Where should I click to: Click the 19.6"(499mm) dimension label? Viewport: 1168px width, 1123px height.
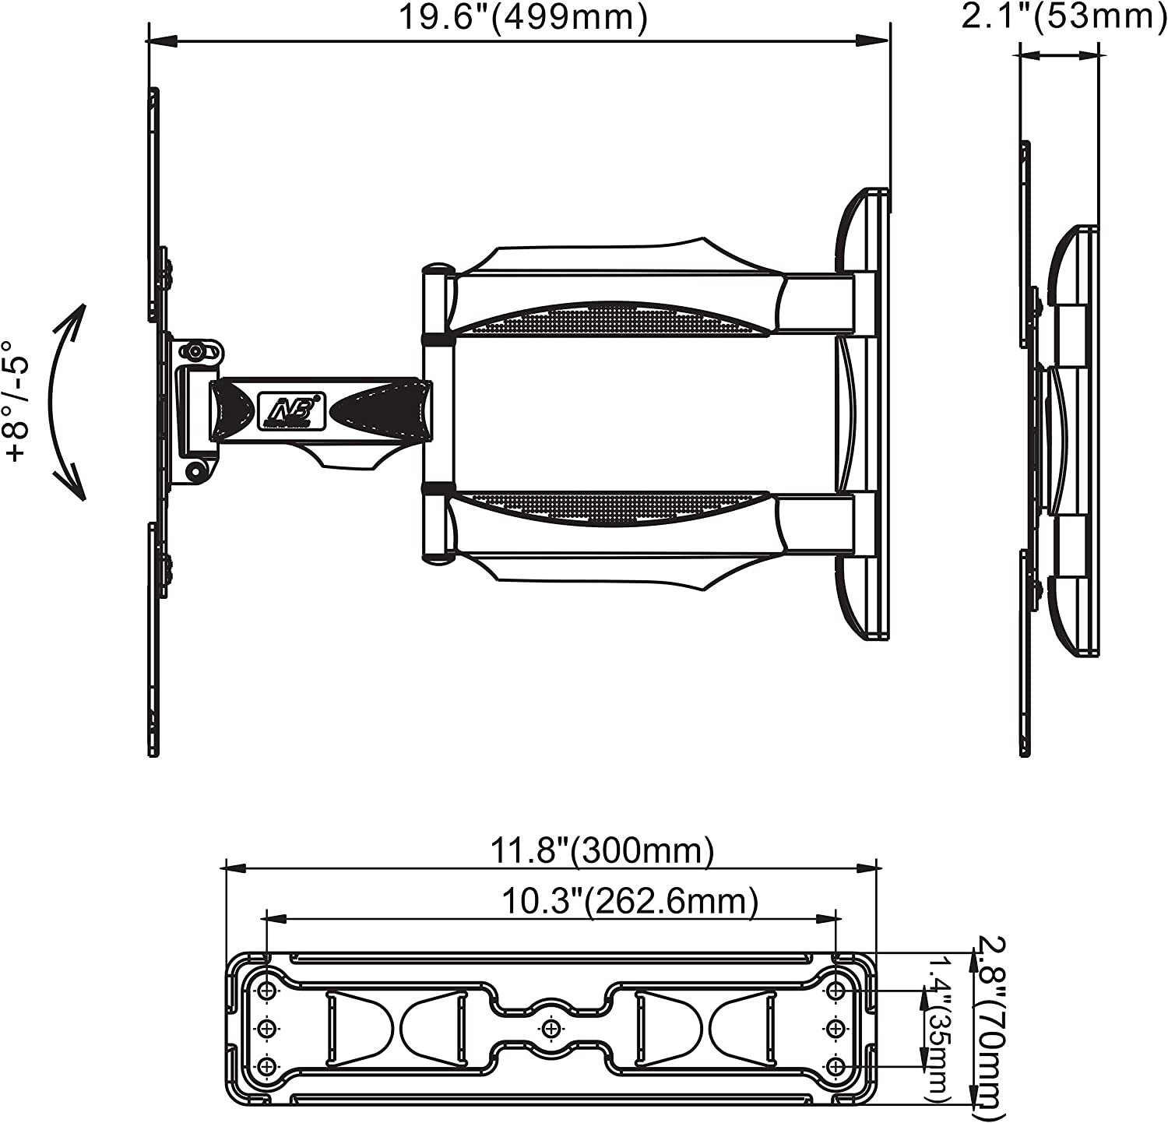[x=522, y=17]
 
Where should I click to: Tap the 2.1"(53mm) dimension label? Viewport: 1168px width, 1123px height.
[x=1064, y=16]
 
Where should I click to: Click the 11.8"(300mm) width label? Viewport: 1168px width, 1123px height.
[x=601, y=851]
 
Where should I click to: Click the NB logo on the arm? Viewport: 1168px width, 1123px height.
[x=291, y=410]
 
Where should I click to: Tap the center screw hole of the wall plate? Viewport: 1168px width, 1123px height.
[x=552, y=1028]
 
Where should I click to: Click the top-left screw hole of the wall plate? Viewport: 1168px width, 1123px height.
[x=267, y=991]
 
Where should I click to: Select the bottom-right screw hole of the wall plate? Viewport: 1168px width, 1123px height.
[x=836, y=1065]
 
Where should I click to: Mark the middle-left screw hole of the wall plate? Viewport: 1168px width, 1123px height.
[x=267, y=1028]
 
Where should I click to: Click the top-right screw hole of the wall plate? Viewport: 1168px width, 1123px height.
[x=836, y=991]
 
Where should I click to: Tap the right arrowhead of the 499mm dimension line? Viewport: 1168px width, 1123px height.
[x=877, y=40]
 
